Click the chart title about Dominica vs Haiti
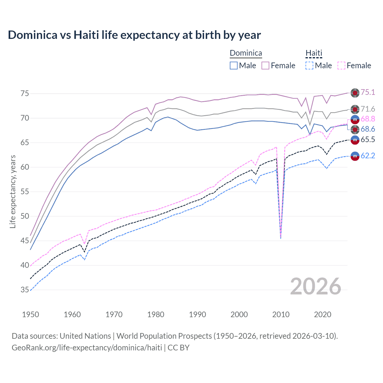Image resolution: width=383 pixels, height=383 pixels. (134, 35)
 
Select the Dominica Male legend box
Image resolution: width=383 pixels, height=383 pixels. (234, 66)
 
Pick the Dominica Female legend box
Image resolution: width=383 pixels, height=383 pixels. (265, 66)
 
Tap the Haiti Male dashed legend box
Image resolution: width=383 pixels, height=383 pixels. (309, 66)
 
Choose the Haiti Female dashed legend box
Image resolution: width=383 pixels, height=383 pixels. (341, 66)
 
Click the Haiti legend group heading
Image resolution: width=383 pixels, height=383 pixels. (314, 53)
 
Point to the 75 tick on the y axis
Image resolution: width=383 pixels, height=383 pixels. (25, 94)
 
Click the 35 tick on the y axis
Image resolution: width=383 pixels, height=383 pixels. (25, 290)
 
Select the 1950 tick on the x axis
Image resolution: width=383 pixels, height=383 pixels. (31, 314)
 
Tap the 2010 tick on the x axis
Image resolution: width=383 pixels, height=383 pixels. (281, 314)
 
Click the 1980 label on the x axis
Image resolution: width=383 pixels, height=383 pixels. (156, 314)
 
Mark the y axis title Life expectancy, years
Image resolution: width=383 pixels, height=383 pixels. (13, 191)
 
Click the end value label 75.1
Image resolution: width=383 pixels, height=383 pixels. (368, 92)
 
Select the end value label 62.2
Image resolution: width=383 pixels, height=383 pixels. (368, 156)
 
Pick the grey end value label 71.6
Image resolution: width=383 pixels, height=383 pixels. (368, 109)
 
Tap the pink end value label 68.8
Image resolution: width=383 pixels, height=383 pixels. (368, 119)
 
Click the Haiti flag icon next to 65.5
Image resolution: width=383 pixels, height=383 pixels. (355, 140)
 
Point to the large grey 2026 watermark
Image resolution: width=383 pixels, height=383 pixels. (316, 286)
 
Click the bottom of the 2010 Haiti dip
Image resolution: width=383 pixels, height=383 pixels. (281, 238)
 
